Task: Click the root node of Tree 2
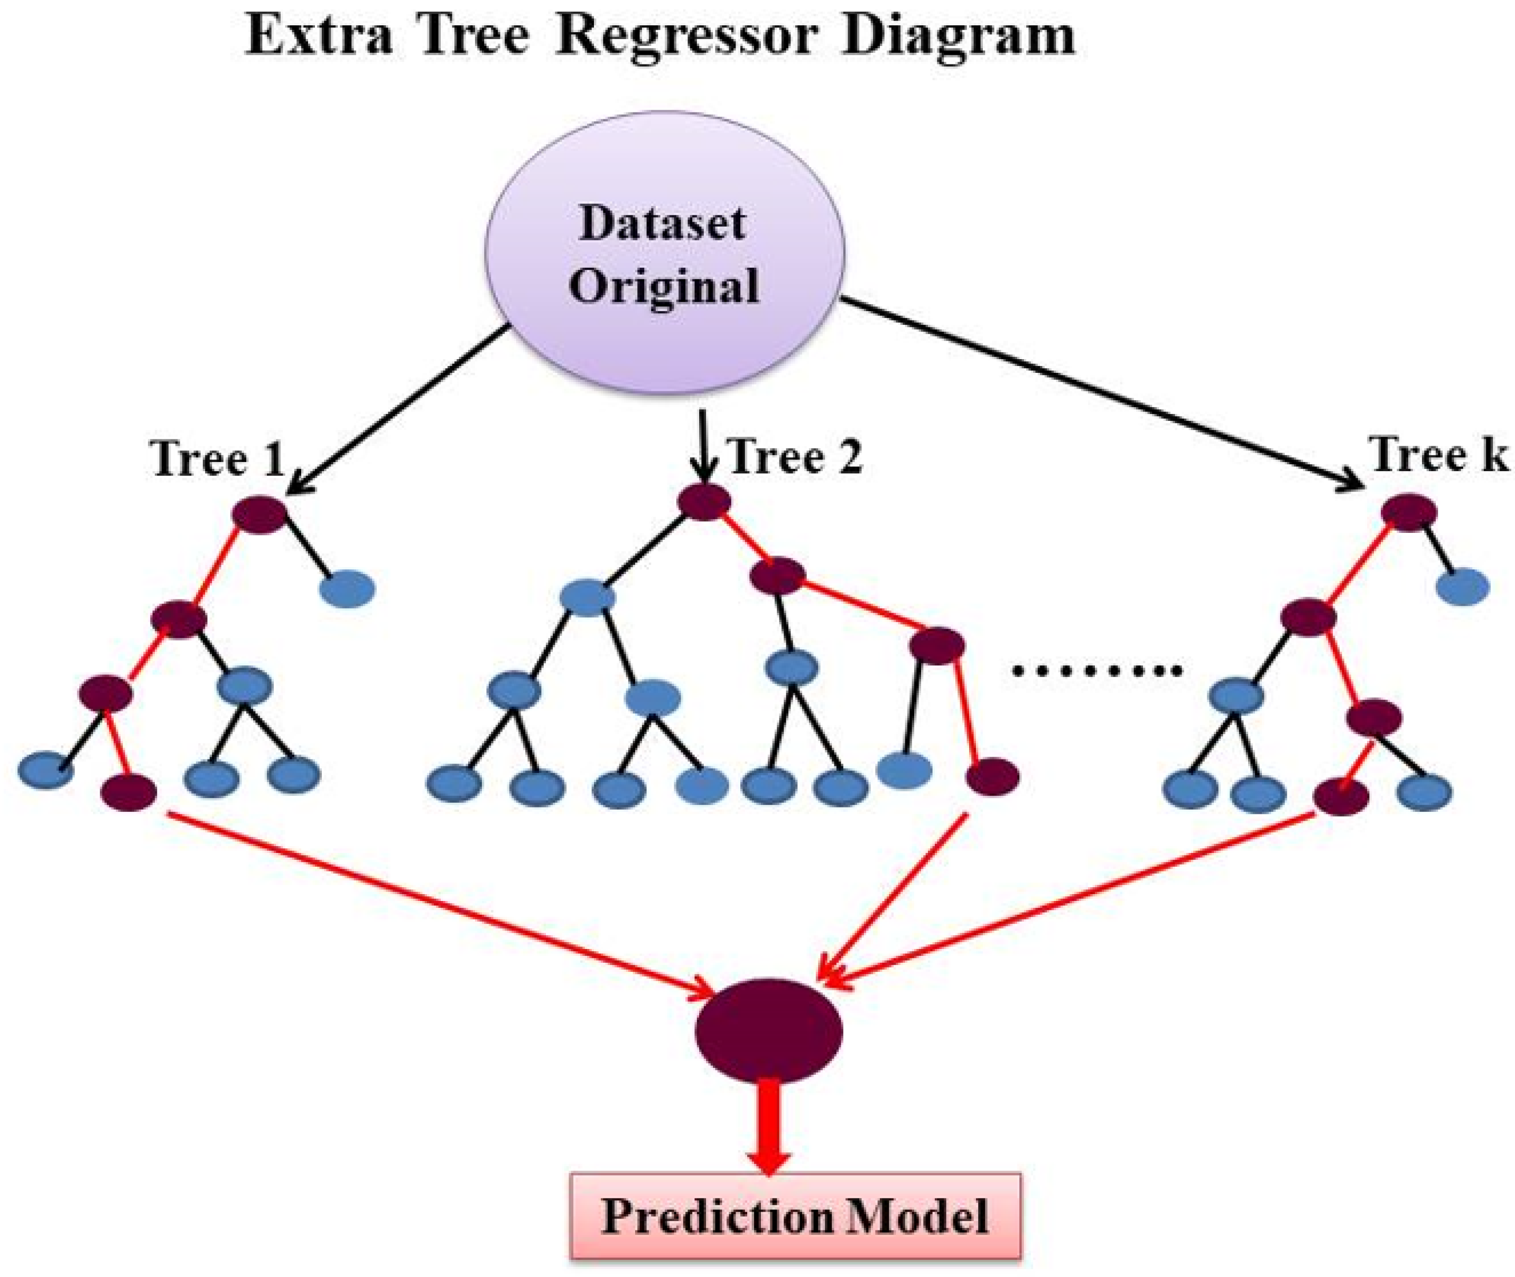coord(704,501)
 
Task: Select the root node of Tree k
coord(1409,512)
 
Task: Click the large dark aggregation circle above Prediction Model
coord(768,1031)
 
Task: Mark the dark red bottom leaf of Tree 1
coord(129,792)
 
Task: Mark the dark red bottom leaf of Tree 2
coord(993,777)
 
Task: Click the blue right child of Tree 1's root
coord(348,588)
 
